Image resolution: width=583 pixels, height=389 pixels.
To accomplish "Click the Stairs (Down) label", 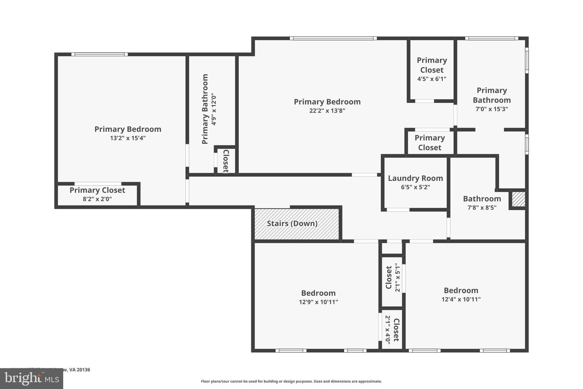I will pos(292,223).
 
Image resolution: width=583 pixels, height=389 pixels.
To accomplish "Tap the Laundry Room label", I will pos(415,178).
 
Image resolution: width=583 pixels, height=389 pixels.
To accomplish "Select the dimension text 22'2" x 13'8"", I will pos(327,111).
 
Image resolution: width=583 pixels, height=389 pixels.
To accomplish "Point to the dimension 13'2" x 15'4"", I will pos(128,138).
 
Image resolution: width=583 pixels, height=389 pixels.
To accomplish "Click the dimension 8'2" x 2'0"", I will pos(97,199).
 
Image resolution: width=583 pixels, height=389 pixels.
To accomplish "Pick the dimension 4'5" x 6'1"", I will pos(432,79).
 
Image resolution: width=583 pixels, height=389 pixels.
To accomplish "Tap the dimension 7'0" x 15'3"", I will pos(492,109).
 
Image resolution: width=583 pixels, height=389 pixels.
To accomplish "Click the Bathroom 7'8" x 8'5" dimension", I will pos(482,207).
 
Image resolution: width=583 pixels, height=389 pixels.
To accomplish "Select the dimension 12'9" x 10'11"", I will pos(318,302).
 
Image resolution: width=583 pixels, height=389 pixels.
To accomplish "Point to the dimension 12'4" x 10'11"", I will pos(461,299).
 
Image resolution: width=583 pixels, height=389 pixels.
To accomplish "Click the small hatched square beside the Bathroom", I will pos(518,199).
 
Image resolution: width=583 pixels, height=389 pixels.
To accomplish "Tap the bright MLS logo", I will pos(31,378).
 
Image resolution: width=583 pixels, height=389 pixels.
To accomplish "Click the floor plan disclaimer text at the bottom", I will pos(291,381).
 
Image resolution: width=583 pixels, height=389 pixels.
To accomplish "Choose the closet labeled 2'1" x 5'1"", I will pos(392,278).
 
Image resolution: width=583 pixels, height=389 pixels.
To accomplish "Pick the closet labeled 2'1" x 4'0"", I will pos(392,330).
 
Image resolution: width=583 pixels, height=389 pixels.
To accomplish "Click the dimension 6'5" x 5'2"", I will pos(415,187).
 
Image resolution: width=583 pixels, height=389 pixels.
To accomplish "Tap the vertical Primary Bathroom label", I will pos(205,109).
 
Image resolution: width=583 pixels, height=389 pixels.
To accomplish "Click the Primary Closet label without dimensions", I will pos(430,143).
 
